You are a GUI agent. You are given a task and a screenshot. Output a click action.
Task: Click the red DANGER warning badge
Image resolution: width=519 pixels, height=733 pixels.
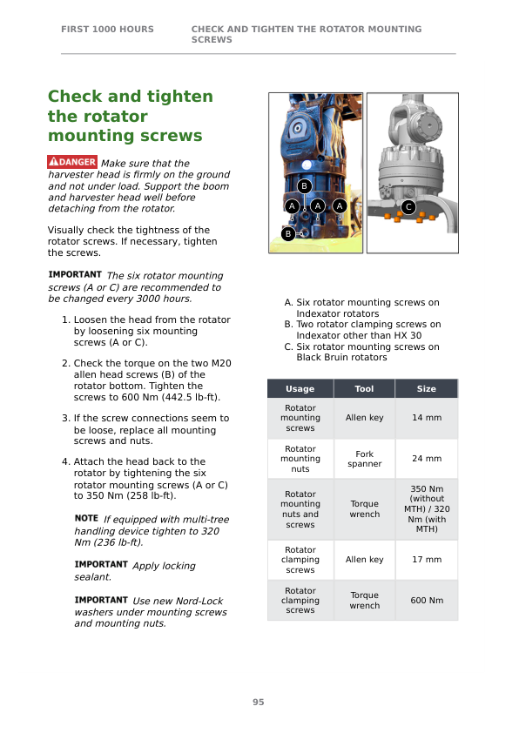[x=72, y=162]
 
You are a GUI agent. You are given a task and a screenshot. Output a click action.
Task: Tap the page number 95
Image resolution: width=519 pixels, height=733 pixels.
[x=258, y=702]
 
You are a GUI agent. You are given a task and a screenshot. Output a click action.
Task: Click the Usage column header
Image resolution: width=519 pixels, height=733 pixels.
[x=300, y=388]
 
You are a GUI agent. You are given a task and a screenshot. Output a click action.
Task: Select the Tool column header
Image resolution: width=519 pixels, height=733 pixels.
[x=364, y=388]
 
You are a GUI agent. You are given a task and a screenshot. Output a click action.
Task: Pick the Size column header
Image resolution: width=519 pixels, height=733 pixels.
[x=427, y=388]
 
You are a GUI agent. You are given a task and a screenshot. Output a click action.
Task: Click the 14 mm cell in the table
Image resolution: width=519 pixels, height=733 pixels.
[x=427, y=418]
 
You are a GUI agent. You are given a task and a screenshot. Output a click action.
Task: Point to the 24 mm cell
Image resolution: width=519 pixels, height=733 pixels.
[x=427, y=459]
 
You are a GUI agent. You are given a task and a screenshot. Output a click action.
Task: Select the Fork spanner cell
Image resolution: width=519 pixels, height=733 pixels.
[x=364, y=459]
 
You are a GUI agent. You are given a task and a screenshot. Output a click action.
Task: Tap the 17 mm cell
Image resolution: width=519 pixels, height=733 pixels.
[x=427, y=560]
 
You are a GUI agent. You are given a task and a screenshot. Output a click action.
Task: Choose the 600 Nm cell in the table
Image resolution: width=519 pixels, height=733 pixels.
[x=427, y=600]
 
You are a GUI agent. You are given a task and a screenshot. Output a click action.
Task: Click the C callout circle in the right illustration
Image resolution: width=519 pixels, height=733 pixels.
[x=408, y=206]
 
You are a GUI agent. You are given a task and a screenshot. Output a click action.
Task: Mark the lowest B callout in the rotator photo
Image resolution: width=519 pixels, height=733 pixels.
[x=288, y=233]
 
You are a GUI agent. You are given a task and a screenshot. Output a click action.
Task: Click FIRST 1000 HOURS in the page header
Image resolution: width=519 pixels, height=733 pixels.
[x=107, y=29]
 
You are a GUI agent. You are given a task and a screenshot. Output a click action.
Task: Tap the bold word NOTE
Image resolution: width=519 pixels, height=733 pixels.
[x=86, y=518]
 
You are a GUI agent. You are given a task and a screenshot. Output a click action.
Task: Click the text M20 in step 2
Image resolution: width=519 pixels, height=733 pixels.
[x=221, y=363]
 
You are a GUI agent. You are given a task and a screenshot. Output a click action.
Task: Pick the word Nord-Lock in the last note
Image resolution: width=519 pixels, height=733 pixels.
[x=201, y=601]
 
